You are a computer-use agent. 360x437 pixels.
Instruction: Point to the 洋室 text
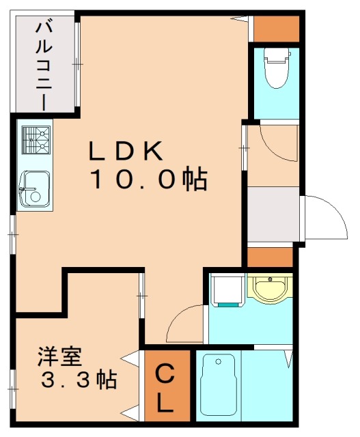coord(59,356)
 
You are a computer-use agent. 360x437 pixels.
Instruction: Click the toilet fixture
coord(277,68)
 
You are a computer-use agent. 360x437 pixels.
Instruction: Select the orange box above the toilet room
coord(277,27)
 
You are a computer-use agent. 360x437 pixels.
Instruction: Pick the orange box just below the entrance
coord(269,257)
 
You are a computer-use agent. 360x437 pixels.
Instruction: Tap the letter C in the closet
coord(165,374)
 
